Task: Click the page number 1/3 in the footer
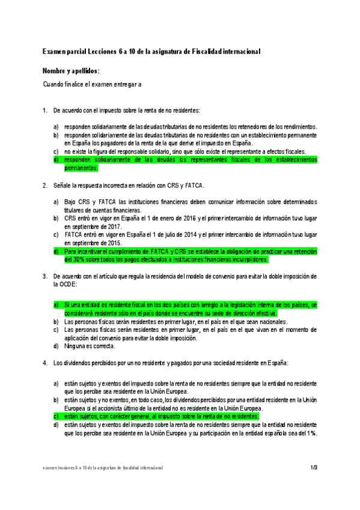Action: click(x=314, y=467)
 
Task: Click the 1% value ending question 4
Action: click(x=311, y=433)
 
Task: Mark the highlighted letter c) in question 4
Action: click(x=56, y=416)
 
